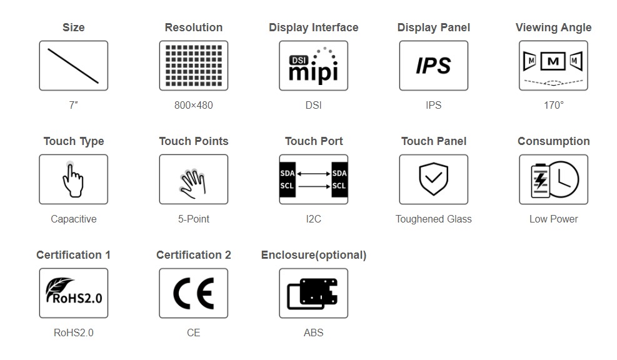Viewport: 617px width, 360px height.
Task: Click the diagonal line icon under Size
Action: coord(73,66)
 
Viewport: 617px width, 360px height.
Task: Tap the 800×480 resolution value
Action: coord(194,106)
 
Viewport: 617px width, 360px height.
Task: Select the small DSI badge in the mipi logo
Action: coord(299,60)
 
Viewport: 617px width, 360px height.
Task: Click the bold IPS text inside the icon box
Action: coord(433,66)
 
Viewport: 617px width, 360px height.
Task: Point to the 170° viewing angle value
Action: coord(554,106)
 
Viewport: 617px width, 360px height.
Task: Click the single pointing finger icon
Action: coord(73,180)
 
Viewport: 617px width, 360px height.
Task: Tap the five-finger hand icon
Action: coord(193,184)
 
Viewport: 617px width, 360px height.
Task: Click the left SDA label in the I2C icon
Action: coord(288,173)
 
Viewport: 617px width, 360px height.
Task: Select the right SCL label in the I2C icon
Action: coord(339,186)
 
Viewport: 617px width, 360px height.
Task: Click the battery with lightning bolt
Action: coord(540,181)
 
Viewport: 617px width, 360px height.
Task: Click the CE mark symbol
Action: coord(194,294)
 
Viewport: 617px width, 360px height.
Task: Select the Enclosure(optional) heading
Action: coord(314,256)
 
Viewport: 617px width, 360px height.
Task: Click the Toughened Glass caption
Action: coord(433,219)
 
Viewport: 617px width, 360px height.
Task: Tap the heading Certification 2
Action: coord(194,255)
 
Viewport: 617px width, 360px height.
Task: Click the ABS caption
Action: coord(314,333)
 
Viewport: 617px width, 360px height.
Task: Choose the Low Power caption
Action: coord(554,219)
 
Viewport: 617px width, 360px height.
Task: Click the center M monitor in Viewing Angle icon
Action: coord(553,61)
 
